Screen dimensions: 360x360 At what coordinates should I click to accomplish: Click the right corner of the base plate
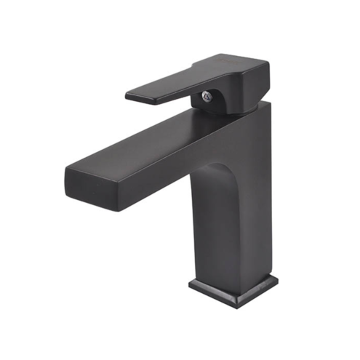[277, 281]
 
